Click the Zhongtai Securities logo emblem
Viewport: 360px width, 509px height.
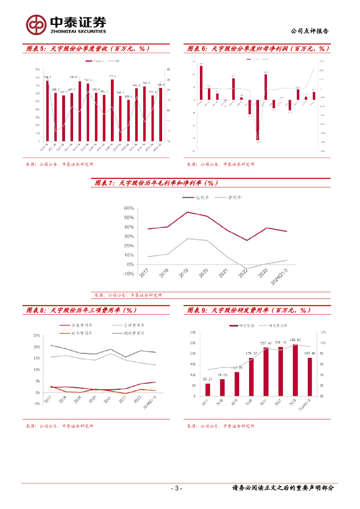(36, 24)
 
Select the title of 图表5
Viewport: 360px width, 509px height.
(88, 49)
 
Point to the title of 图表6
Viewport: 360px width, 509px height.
(259, 49)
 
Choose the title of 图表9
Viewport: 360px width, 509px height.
(249, 310)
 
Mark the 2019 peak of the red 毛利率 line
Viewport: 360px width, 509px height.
(187, 212)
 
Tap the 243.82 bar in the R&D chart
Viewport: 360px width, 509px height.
(296, 370)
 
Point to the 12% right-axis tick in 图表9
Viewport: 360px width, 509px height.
(322, 332)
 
